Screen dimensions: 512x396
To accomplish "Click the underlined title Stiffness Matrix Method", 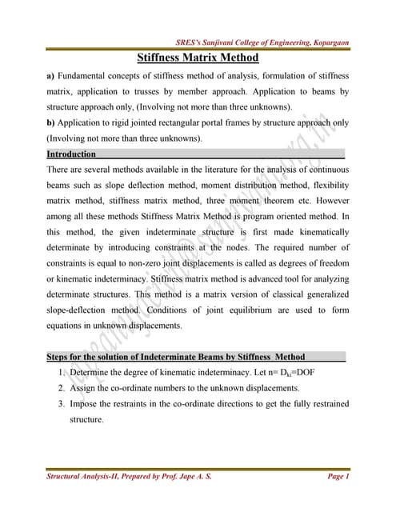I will pyautogui.click(x=198, y=58).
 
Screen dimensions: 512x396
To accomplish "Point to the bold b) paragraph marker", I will pyautogui.click(x=50, y=122).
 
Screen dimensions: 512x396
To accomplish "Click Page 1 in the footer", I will pyautogui.click(x=338, y=478).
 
